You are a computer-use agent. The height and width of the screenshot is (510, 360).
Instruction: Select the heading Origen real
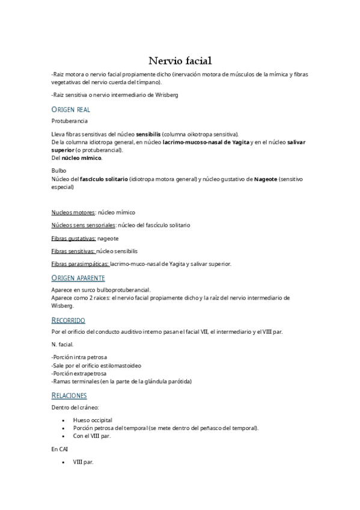tap(71, 109)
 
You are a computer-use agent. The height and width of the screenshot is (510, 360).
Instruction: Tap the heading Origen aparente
tap(78, 278)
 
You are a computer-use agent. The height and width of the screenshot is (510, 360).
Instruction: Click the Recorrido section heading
tap(69, 320)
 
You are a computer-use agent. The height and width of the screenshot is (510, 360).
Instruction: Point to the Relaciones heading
tap(70, 395)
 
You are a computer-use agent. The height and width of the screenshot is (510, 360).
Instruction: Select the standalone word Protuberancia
tap(70, 121)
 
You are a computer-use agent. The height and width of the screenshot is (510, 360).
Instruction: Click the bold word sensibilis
tap(149, 134)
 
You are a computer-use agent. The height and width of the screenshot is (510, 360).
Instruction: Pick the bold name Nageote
tap(266, 179)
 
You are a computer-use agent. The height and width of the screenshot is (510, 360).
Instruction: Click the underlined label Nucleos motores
tap(73, 212)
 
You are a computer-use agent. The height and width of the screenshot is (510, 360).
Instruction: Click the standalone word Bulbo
tap(59, 171)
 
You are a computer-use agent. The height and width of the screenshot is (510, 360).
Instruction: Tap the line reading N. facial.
tap(63, 345)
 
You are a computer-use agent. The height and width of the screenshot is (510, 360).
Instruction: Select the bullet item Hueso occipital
tap(93, 420)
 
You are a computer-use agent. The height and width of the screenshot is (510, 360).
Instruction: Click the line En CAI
tap(60, 449)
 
